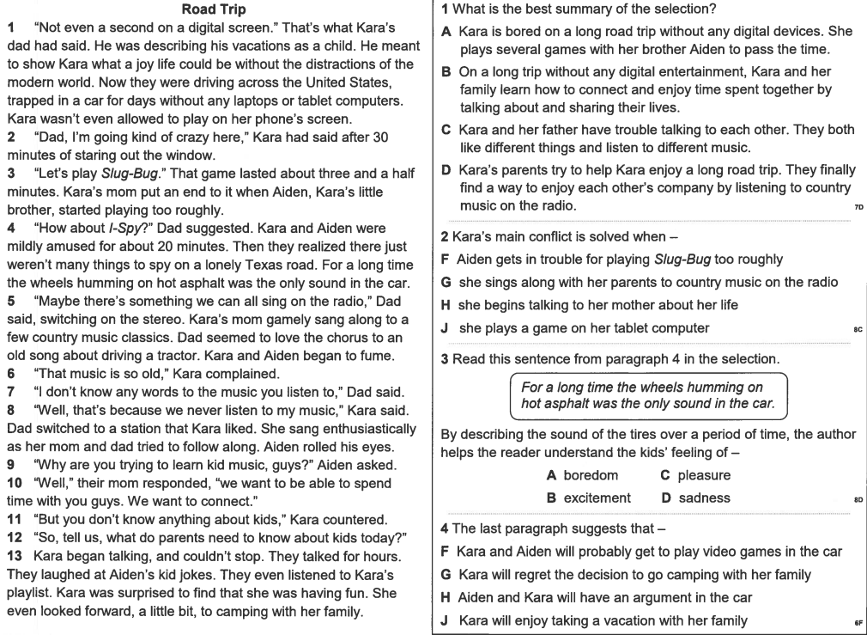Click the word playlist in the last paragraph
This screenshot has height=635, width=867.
coord(29,594)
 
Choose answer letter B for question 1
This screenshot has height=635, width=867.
coord(446,72)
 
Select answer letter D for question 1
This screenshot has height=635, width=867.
coord(446,170)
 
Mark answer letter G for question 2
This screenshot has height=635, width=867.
coord(446,282)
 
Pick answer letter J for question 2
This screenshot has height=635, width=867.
coord(446,327)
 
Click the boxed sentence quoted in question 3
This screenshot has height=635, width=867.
coord(648,395)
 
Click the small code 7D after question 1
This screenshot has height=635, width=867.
coord(858,208)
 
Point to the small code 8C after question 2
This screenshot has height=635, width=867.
coord(858,329)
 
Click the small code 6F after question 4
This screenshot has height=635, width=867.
coord(858,622)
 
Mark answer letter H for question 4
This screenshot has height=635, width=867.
coord(446,597)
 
